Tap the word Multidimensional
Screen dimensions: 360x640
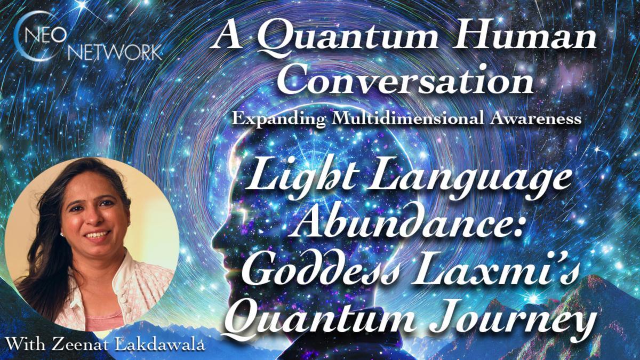[403, 119]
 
